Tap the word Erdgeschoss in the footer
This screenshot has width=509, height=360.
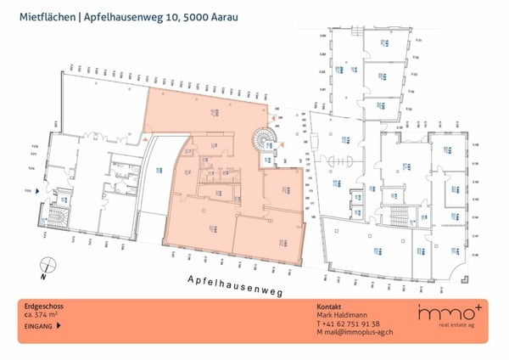click(x=44, y=307)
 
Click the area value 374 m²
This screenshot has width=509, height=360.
click(x=49, y=316)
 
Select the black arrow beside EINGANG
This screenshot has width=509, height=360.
click(x=58, y=325)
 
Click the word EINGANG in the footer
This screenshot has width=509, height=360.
click(x=39, y=325)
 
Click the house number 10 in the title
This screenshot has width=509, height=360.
click(x=154, y=14)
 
